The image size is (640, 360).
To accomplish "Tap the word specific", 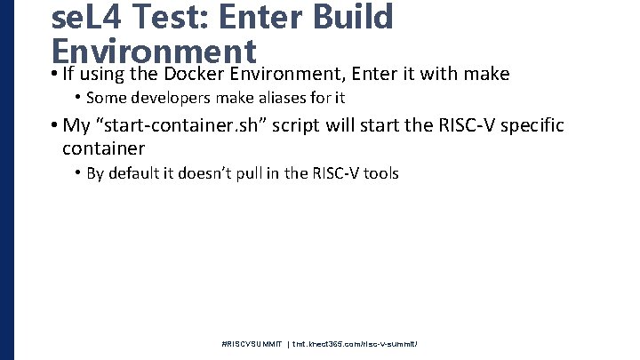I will pyautogui.click(x=532, y=125).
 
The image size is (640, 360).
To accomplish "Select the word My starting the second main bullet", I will pyautogui.click(x=75, y=125).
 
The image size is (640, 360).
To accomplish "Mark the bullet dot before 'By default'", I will pyautogui.click(x=78, y=172).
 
